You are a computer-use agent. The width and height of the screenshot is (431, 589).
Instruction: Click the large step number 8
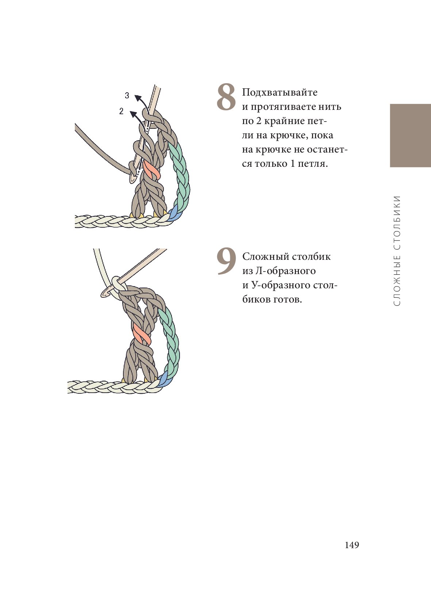point(226,97)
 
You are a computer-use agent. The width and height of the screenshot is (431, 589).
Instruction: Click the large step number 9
point(226,261)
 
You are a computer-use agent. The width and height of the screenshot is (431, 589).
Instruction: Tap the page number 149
point(352,545)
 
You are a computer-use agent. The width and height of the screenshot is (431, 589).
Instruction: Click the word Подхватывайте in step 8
point(280,92)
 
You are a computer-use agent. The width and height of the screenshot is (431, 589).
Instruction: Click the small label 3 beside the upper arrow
point(127,96)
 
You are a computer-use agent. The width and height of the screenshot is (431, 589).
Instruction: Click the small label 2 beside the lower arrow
point(121,111)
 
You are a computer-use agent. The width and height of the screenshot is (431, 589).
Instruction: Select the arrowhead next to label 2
point(133,113)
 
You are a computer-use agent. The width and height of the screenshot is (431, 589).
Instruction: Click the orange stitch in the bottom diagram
point(142,334)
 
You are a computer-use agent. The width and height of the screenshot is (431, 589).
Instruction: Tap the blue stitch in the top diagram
point(174,213)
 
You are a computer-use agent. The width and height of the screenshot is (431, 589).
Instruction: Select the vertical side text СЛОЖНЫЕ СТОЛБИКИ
point(397,251)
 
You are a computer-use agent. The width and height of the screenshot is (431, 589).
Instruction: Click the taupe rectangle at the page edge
point(411,135)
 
